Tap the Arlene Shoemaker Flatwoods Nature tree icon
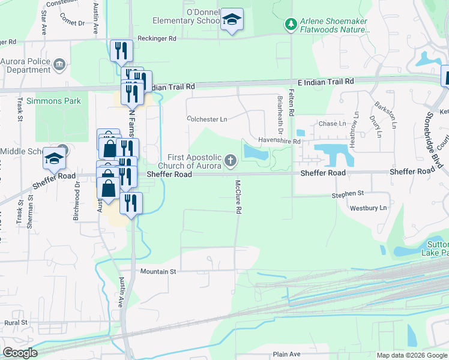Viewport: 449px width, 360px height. tap(291, 24)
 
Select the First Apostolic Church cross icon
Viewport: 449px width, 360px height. tap(231, 160)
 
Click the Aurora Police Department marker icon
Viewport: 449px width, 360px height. tap(59, 64)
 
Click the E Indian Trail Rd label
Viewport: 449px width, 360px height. tap(325, 81)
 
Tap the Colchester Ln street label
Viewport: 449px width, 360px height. tap(207, 119)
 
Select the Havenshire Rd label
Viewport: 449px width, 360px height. tap(279, 141)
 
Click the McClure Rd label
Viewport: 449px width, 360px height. tap(238, 197)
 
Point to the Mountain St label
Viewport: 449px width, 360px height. tap(158, 272)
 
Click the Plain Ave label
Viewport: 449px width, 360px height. tap(286, 354)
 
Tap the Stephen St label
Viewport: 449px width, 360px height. tap(348, 194)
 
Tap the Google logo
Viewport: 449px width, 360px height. tap(19, 353)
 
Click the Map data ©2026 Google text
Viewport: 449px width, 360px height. tap(412, 355)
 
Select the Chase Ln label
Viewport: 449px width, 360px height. tap(333, 124)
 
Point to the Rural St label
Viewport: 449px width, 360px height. tap(16, 323)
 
